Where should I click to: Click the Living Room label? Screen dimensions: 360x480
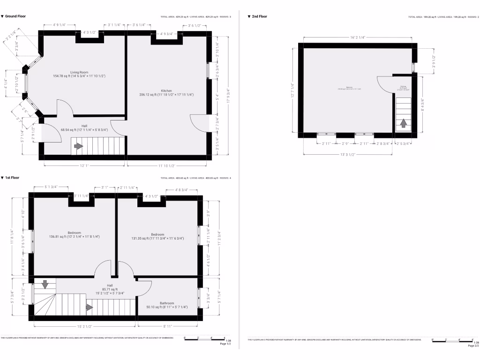click(x=79, y=72)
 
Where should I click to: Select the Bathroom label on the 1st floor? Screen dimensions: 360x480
click(x=167, y=303)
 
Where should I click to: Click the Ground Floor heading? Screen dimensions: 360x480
click(x=15, y=16)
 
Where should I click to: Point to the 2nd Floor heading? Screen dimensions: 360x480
click(x=259, y=16)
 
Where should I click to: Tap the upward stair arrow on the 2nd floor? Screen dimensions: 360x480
click(x=403, y=124)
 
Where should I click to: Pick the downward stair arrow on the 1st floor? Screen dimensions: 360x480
click(x=45, y=284)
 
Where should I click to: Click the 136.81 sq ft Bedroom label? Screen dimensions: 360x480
click(x=74, y=233)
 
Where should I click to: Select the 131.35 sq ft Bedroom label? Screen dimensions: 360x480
click(x=157, y=234)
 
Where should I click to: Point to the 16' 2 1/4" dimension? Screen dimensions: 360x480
click(x=357, y=37)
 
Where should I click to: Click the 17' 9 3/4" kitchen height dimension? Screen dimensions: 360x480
click(x=228, y=97)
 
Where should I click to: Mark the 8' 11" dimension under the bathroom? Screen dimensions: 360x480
click(x=167, y=326)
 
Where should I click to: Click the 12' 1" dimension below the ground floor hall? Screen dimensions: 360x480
click(x=84, y=165)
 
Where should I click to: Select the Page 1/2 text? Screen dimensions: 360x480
click(x=225, y=344)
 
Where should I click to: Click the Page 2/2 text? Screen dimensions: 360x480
click(x=473, y=346)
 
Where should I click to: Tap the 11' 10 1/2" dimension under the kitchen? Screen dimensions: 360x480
click(x=166, y=165)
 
